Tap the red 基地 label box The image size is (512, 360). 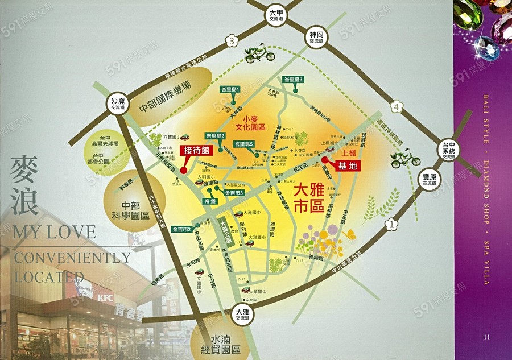pos(348,166)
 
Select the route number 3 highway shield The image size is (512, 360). pos(231,41)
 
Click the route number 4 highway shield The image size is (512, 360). pos(395,106)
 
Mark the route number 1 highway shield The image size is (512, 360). pos(392,225)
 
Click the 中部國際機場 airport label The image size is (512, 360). pos(166,97)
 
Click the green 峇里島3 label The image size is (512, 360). pos(294,79)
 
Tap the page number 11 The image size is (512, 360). pos(486,336)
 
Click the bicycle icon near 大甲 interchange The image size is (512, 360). pos(259,54)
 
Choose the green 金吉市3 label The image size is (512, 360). pos(234,193)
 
